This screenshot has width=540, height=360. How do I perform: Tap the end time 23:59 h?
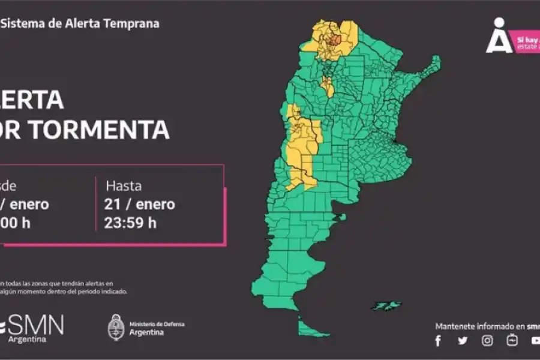131,223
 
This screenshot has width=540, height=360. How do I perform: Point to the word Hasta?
124,185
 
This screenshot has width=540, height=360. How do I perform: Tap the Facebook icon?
438,341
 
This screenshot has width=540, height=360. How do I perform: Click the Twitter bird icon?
463,341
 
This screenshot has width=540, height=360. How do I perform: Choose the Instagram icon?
487,341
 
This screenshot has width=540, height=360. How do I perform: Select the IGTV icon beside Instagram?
512,341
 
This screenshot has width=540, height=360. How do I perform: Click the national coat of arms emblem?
116,328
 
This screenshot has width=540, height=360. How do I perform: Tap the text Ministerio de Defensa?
157,324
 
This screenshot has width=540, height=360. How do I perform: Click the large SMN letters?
36,325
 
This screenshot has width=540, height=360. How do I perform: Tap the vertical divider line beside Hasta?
96,204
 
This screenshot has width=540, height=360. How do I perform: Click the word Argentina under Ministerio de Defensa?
146,332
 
